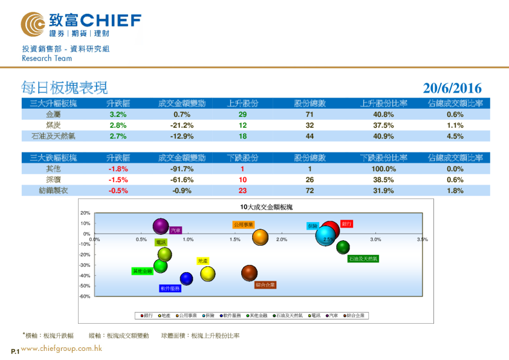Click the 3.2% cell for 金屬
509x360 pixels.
[x=117, y=114]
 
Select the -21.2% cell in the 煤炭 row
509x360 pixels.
[x=182, y=125]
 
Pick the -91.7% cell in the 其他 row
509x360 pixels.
[x=182, y=169]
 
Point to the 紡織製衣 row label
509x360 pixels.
[x=53, y=191]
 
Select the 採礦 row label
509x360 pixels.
[x=53, y=180]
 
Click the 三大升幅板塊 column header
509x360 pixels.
[x=53, y=103]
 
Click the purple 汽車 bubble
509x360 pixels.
[x=161, y=227]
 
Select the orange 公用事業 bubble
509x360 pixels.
[x=260, y=237]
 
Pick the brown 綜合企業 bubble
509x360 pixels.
[x=249, y=273]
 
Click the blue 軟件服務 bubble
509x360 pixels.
[x=186, y=278]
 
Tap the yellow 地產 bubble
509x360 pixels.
[x=208, y=274]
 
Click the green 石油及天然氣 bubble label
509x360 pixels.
[x=363, y=258]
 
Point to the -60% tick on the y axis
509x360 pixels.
[x=85, y=296]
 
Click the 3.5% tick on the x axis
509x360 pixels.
[x=422, y=240]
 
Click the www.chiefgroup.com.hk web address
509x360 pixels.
[x=61, y=349]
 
